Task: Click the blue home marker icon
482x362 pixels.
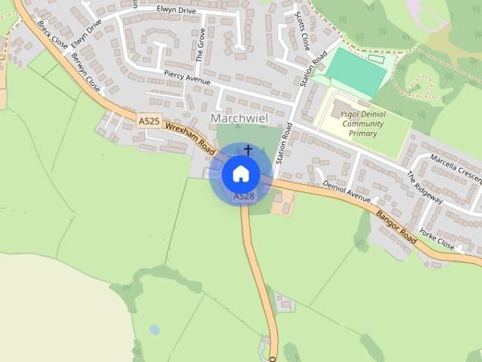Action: (x=241, y=173)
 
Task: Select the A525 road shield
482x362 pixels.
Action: (x=148, y=121)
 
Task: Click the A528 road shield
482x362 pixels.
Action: (x=243, y=196)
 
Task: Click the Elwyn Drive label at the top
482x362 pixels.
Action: (x=175, y=10)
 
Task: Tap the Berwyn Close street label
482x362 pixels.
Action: (x=84, y=67)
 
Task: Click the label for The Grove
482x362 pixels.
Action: (x=201, y=44)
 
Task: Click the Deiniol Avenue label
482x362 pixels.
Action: (x=347, y=191)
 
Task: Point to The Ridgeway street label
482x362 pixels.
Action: (x=424, y=186)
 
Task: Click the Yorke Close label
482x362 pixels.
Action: (x=437, y=238)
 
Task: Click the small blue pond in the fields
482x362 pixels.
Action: (x=154, y=330)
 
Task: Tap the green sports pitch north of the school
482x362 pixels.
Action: (x=355, y=72)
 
